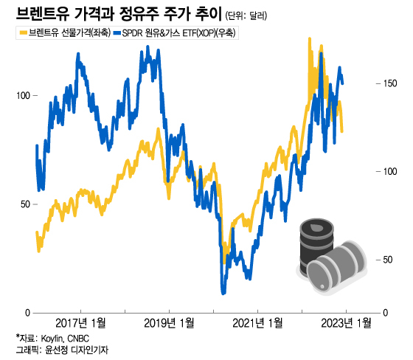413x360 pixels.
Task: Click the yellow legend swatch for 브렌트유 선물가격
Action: [23, 33]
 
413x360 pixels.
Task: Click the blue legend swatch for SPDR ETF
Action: [117, 33]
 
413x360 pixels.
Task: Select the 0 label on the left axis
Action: [28, 313]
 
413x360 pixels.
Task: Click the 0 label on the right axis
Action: [386, 313]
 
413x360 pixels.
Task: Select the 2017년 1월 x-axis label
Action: [80, 323]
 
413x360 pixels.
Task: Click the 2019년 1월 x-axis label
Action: [169, 323]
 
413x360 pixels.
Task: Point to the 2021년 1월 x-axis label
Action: [257, 323]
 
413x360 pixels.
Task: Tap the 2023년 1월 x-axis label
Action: [346, 323]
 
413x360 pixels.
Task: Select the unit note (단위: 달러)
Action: [246, 15]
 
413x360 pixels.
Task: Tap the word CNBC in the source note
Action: [78, 339]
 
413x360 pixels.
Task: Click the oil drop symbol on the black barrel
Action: [316, 228]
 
